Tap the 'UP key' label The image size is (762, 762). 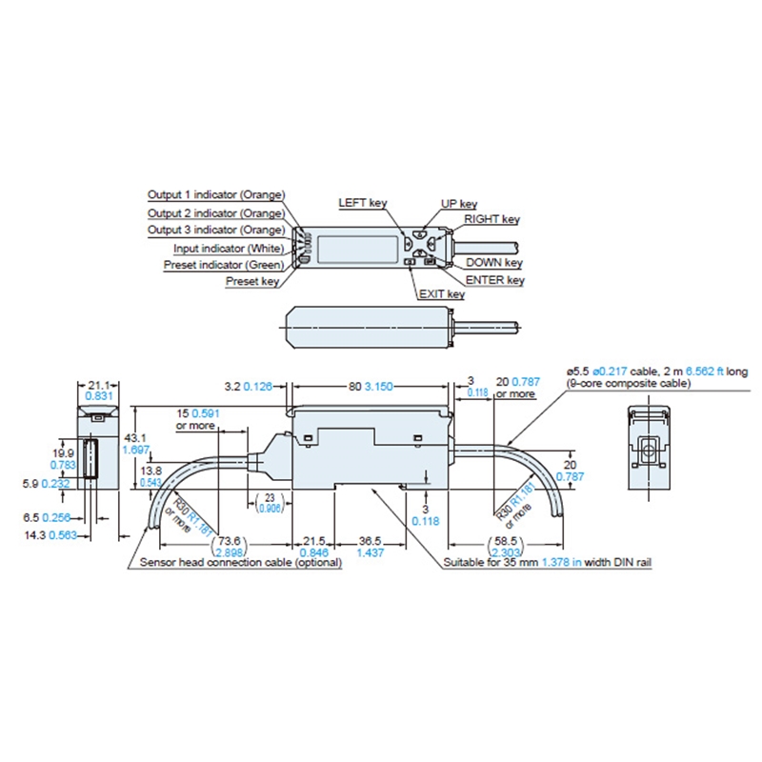pyautogui.click(x=458, y=204)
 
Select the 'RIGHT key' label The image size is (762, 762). pyautogui.click(x=492, y=219)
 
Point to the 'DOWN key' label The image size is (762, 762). pyautogui.click(x=495, y=262)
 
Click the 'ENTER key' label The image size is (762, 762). pyautogui.click(x=495, y=280)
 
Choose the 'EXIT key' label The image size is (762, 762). pyautogui.click(x=441, y=294)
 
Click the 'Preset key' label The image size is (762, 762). pyautogui.click(x=252, y=281)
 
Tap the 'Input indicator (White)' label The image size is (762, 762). pyautogui.click(x=228, y=247)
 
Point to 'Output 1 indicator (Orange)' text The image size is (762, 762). pyautogui.click(x=215, y=194)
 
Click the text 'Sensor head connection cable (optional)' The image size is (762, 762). pyautogui.click(x=241, y=563)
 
